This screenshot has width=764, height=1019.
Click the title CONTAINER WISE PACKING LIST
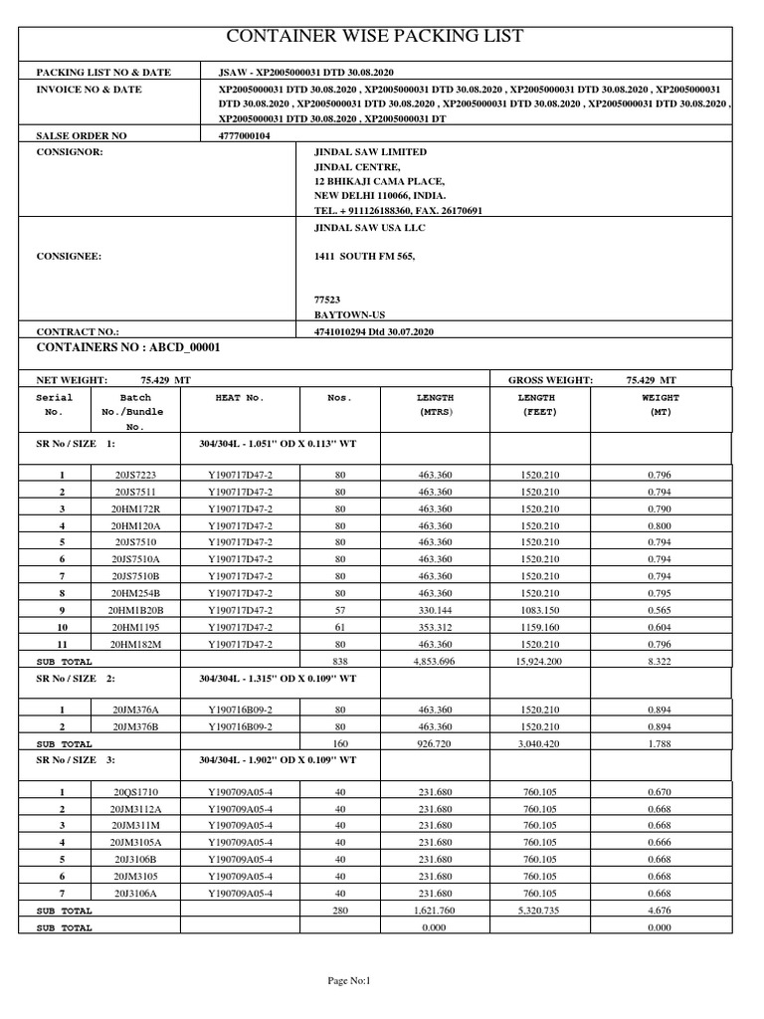(x=375, y=37)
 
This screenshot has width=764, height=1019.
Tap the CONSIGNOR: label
(x=69, y=152)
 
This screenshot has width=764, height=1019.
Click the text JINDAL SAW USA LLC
(x=369, y=228)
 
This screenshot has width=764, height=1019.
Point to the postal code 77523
(x=327, y=299)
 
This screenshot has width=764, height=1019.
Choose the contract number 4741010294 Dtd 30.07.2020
(x=374, y=330)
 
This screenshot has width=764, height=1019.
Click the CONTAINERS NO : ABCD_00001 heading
(x=127, y=347)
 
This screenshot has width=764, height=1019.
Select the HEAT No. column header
(x=239, y=397)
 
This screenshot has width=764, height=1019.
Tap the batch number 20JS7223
(x=135, y=475)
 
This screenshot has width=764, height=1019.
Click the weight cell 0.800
(x=660, y=525)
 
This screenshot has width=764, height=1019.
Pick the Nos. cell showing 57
(x=340, y=610)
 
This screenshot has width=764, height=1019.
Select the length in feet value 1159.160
(x=539, y=627)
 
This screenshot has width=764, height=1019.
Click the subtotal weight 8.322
(x=660, y=661)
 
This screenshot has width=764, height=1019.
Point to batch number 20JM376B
(x=135, y=727)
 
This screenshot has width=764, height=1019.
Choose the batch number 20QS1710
(x=135, y=792)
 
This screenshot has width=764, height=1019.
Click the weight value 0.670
(x=660, y=792)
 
